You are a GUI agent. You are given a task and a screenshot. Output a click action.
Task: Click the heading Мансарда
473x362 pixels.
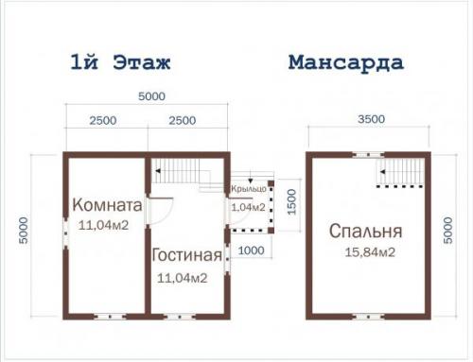tap(345, 63)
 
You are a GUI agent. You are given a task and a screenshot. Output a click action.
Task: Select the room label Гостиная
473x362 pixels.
tap(186, 256)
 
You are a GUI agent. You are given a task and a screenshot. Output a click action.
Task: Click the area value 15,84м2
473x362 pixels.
tap(363, 252)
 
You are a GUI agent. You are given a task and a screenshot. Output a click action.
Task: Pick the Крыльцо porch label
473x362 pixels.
tap(248, 191)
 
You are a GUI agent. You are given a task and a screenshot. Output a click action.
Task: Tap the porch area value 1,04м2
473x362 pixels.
tap(248, 206)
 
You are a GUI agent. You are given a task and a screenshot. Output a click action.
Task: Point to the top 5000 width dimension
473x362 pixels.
tap(149, 96)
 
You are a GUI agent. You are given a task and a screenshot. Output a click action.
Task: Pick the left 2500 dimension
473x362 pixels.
tap(103, 120)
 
